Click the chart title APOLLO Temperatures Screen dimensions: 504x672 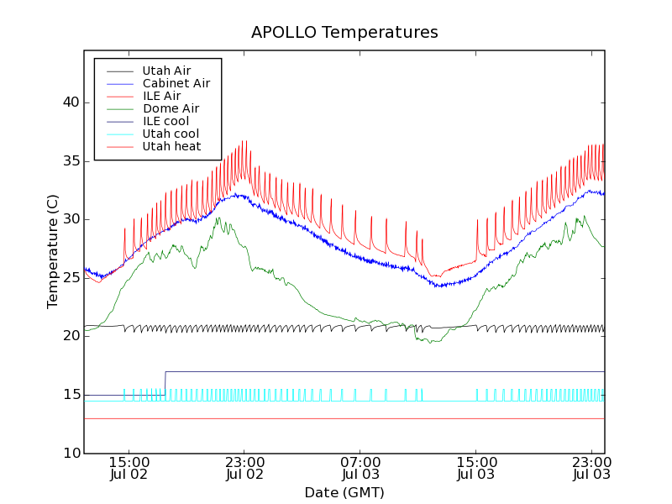coord(344,33)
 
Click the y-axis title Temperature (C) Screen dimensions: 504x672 coord(53,251)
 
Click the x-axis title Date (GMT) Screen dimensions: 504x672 coord(344,492)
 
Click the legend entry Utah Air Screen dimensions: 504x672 coord(166,71)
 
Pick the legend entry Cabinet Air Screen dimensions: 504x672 coord(176,83)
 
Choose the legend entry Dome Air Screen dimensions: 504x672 coord(171,108)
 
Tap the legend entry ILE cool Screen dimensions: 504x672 coord(165,121)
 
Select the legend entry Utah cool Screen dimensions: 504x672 coord(171,134)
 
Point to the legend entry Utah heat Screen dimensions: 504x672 coord(171,146)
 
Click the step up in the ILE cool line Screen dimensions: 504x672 coord(165,383)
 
